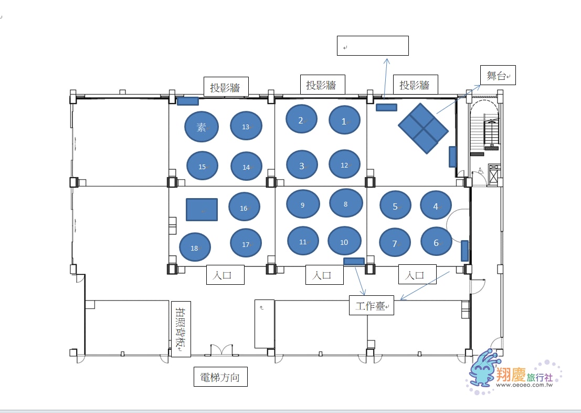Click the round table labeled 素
click(202, 127)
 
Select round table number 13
click(246, 126)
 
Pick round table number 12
click(345, 164)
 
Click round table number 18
click(195, 247)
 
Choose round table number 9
click(303, 204)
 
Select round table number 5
click(395, 205)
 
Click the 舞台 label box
click(498, 75)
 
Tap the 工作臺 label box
click(371, 305)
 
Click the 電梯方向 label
click(220, 377)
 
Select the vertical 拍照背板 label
click(181, 329)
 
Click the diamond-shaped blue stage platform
click(423, 128)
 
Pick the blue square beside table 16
click(202, 210)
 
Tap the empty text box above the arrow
click(373, 46)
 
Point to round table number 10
click(344, 241)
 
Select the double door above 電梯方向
click(221, 349)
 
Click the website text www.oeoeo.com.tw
click(524, 385)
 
